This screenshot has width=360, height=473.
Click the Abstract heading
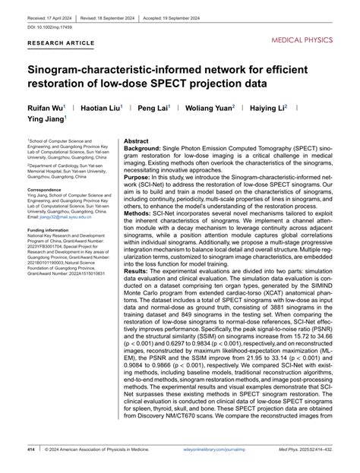coord(137,142)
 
